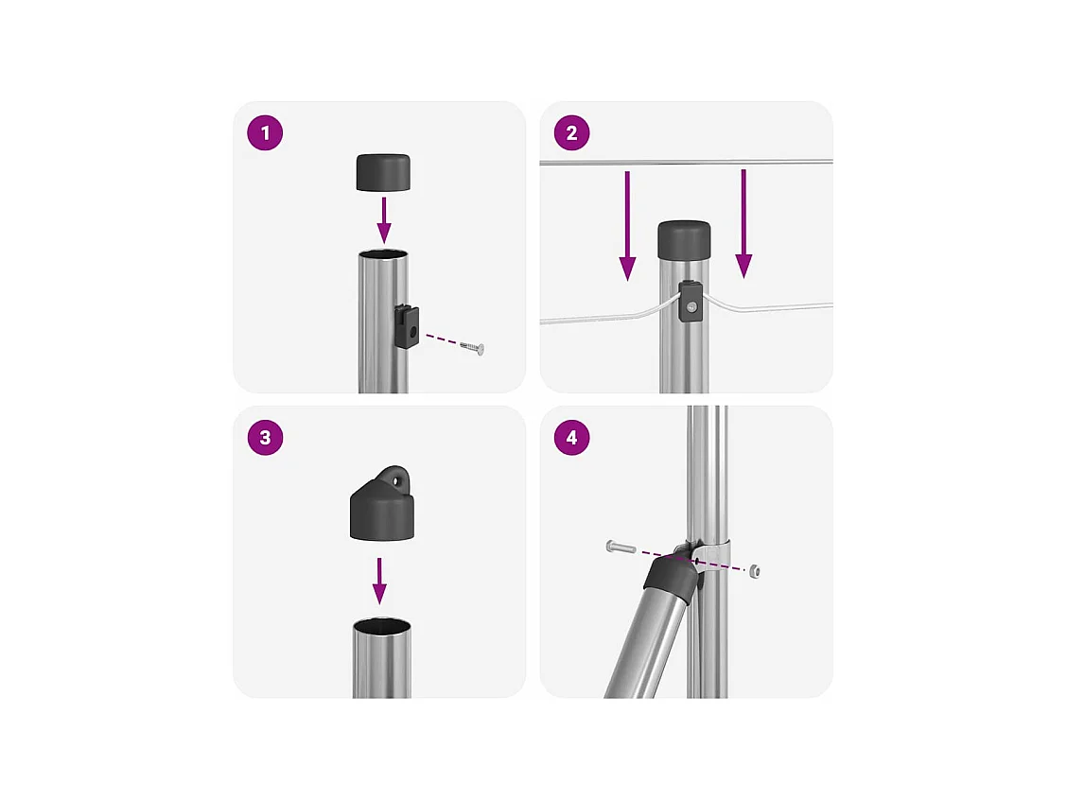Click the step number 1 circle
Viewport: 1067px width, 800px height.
coord(266,132)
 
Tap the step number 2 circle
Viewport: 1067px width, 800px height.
coord(571,132)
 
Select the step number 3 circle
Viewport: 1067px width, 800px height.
coord(266,438)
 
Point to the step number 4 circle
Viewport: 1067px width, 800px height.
coord(571,438)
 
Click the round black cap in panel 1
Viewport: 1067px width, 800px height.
coord(383,173)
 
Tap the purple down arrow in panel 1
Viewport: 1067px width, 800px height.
coord(384,219)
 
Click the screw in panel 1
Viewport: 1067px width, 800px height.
coord(472,348)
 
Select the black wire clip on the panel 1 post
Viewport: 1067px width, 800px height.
coord(407,326)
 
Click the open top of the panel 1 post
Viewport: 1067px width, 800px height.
coord(383,255)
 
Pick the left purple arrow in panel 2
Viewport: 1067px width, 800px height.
coord(627,226)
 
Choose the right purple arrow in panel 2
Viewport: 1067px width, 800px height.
coord(743,224)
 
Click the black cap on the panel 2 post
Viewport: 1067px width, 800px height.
coord(684,239)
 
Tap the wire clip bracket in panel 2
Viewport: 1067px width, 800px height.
coord(690,300)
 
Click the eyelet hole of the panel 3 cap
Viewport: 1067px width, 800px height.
coord(399,481)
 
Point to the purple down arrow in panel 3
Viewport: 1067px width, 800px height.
coord(379,581)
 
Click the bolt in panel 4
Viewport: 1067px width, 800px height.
coord(621,547)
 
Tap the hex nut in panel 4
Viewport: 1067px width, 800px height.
coord(755,571)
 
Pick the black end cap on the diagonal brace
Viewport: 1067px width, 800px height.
coord(671,578)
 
